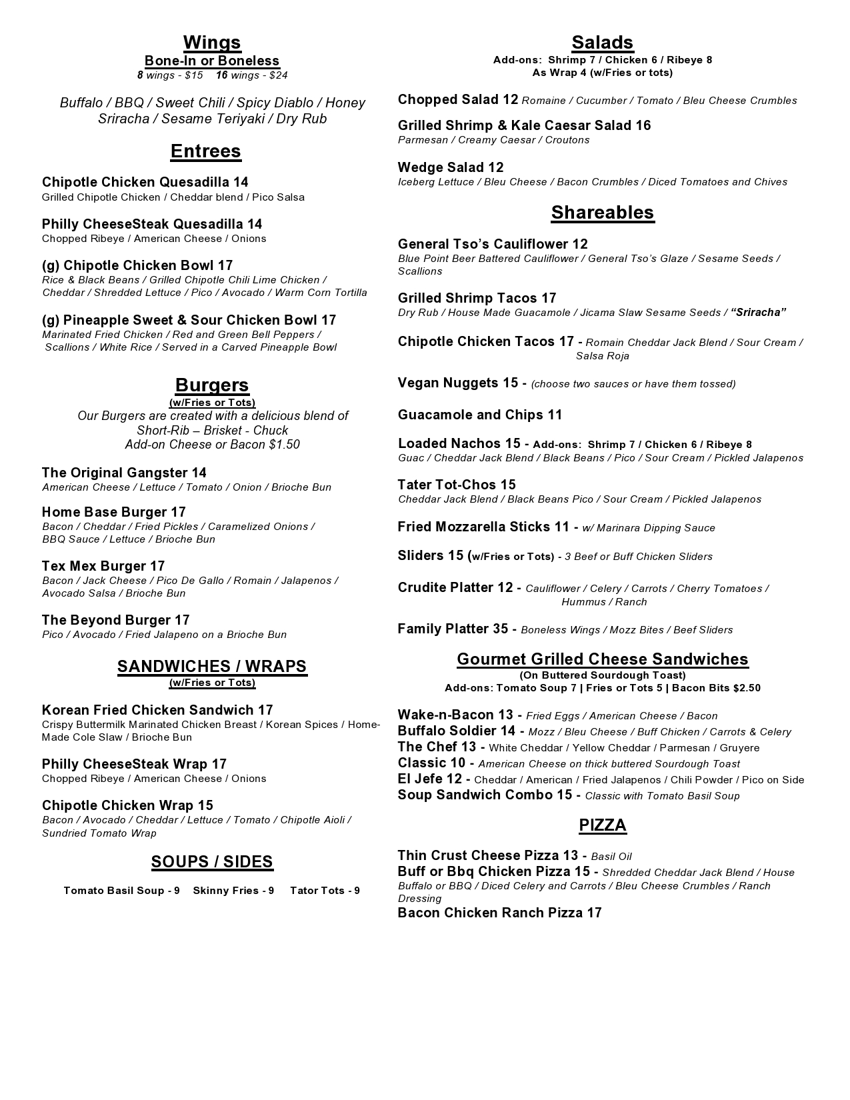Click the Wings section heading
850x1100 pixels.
click(x=212, y=43)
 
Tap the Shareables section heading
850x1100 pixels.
click(x=602, y=213)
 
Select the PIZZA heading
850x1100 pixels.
click(x=602, y=825)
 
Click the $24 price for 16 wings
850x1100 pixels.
click(x=274, y=75)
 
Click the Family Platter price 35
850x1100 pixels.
click(x=500, y=629)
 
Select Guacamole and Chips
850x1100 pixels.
click(x=479, y=415)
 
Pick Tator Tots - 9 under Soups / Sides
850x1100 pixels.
click(x=325, y=891)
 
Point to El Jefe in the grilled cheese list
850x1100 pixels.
click(x=421, y=779)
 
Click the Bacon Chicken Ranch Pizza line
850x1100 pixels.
click(x=499, y=913)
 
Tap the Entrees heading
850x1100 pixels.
click(x=205, y=151)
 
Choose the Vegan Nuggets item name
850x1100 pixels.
click(x=448, y=383)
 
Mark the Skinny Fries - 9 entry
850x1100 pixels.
click(x=233, y=891)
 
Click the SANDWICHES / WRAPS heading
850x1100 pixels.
click(x=212, y=667)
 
